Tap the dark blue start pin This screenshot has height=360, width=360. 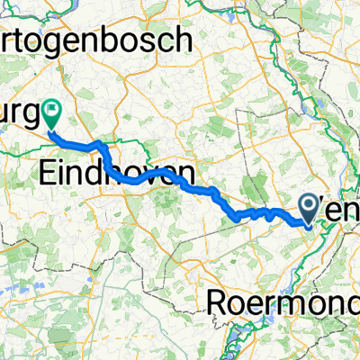point(309,209)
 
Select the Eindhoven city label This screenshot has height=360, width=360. point(117,174)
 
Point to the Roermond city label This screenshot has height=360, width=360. point(283,303)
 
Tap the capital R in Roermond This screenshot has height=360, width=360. point(219,303)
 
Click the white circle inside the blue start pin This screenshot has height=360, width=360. point(309,206)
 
